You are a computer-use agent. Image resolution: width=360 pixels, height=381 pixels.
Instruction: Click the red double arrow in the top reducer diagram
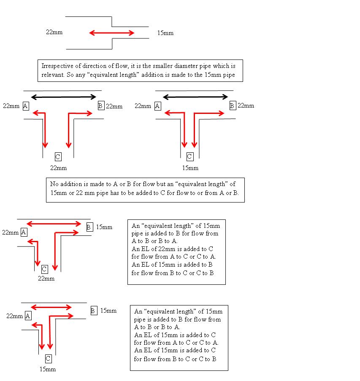(112, 33)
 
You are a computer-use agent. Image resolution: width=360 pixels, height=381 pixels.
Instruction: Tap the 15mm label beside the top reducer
(165, 33)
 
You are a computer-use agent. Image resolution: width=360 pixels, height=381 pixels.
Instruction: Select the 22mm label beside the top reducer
(54, 32)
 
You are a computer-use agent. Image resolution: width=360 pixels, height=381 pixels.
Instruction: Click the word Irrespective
(57, 66)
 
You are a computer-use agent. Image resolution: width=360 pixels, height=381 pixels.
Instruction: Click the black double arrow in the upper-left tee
(64, 97)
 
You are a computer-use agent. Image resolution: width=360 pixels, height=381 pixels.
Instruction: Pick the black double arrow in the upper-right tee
(195, 97)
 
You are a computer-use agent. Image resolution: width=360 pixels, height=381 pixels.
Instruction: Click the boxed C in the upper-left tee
(58, 157)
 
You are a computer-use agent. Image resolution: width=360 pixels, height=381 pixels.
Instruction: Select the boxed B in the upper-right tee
(233, 106)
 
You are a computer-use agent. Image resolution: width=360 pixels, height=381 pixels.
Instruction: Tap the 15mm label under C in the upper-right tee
(190, 168)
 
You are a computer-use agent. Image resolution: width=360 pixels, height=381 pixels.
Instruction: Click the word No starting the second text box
(54, 184)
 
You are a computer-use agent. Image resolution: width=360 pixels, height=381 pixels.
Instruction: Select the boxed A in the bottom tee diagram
(28, 316)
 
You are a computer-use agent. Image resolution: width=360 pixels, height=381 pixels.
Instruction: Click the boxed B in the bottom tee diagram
(94, 311)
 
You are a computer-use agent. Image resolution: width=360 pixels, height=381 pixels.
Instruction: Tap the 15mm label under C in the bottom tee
(48, 369)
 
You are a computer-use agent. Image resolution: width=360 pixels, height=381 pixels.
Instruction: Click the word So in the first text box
(70, 75)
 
